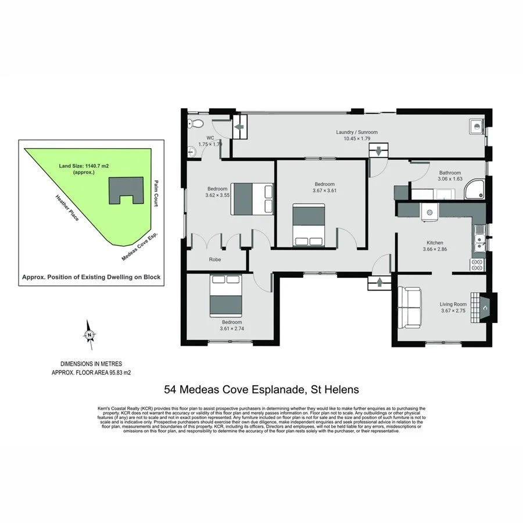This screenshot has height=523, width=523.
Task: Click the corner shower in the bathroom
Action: pyautogui.click(x=476, y=189)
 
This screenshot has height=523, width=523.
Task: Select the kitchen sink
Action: pyautogui.click(x=479, y=238)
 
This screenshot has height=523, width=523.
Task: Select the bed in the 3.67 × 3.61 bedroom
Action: pyautogui.click(x=308, y=225)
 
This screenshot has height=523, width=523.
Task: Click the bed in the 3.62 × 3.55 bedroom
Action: pyautogui.click(x=252, y=198)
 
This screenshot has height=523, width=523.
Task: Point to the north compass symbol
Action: pyautogui.click(x=89, y=335)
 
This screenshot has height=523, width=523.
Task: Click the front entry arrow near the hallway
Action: pyautogui.click(x=381, y=283)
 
